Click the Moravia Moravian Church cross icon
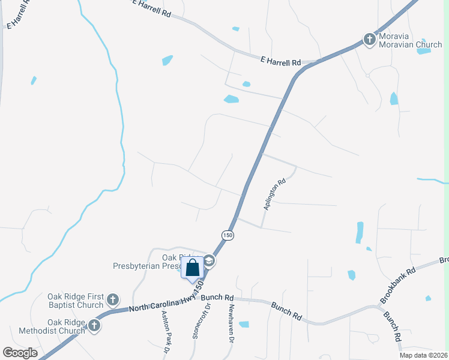[369, 40]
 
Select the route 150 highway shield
[226, 236]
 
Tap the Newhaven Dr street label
[231, 322]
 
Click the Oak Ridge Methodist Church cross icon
[93, 326]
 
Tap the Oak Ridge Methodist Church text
[58, 326]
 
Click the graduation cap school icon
[209, 260]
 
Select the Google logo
[20, 353]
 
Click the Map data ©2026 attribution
[424, 355]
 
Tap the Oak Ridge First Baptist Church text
[75, 301]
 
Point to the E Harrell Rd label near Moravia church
[280, 62]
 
